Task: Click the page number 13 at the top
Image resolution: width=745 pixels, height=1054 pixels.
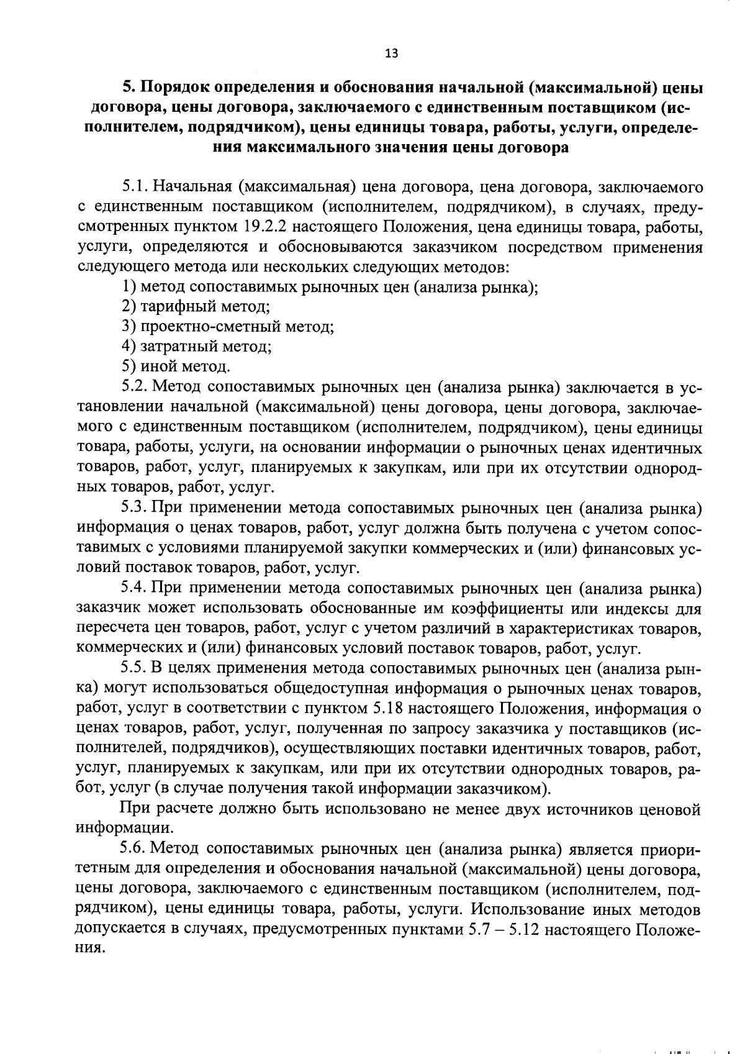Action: point(391,53)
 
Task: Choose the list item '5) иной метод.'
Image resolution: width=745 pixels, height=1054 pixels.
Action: point(176,366)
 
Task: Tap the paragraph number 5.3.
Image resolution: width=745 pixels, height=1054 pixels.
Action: point(133,507)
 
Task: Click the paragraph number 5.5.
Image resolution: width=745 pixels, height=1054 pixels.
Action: point(133,668)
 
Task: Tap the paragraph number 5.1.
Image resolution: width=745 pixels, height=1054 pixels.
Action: point(133,186)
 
